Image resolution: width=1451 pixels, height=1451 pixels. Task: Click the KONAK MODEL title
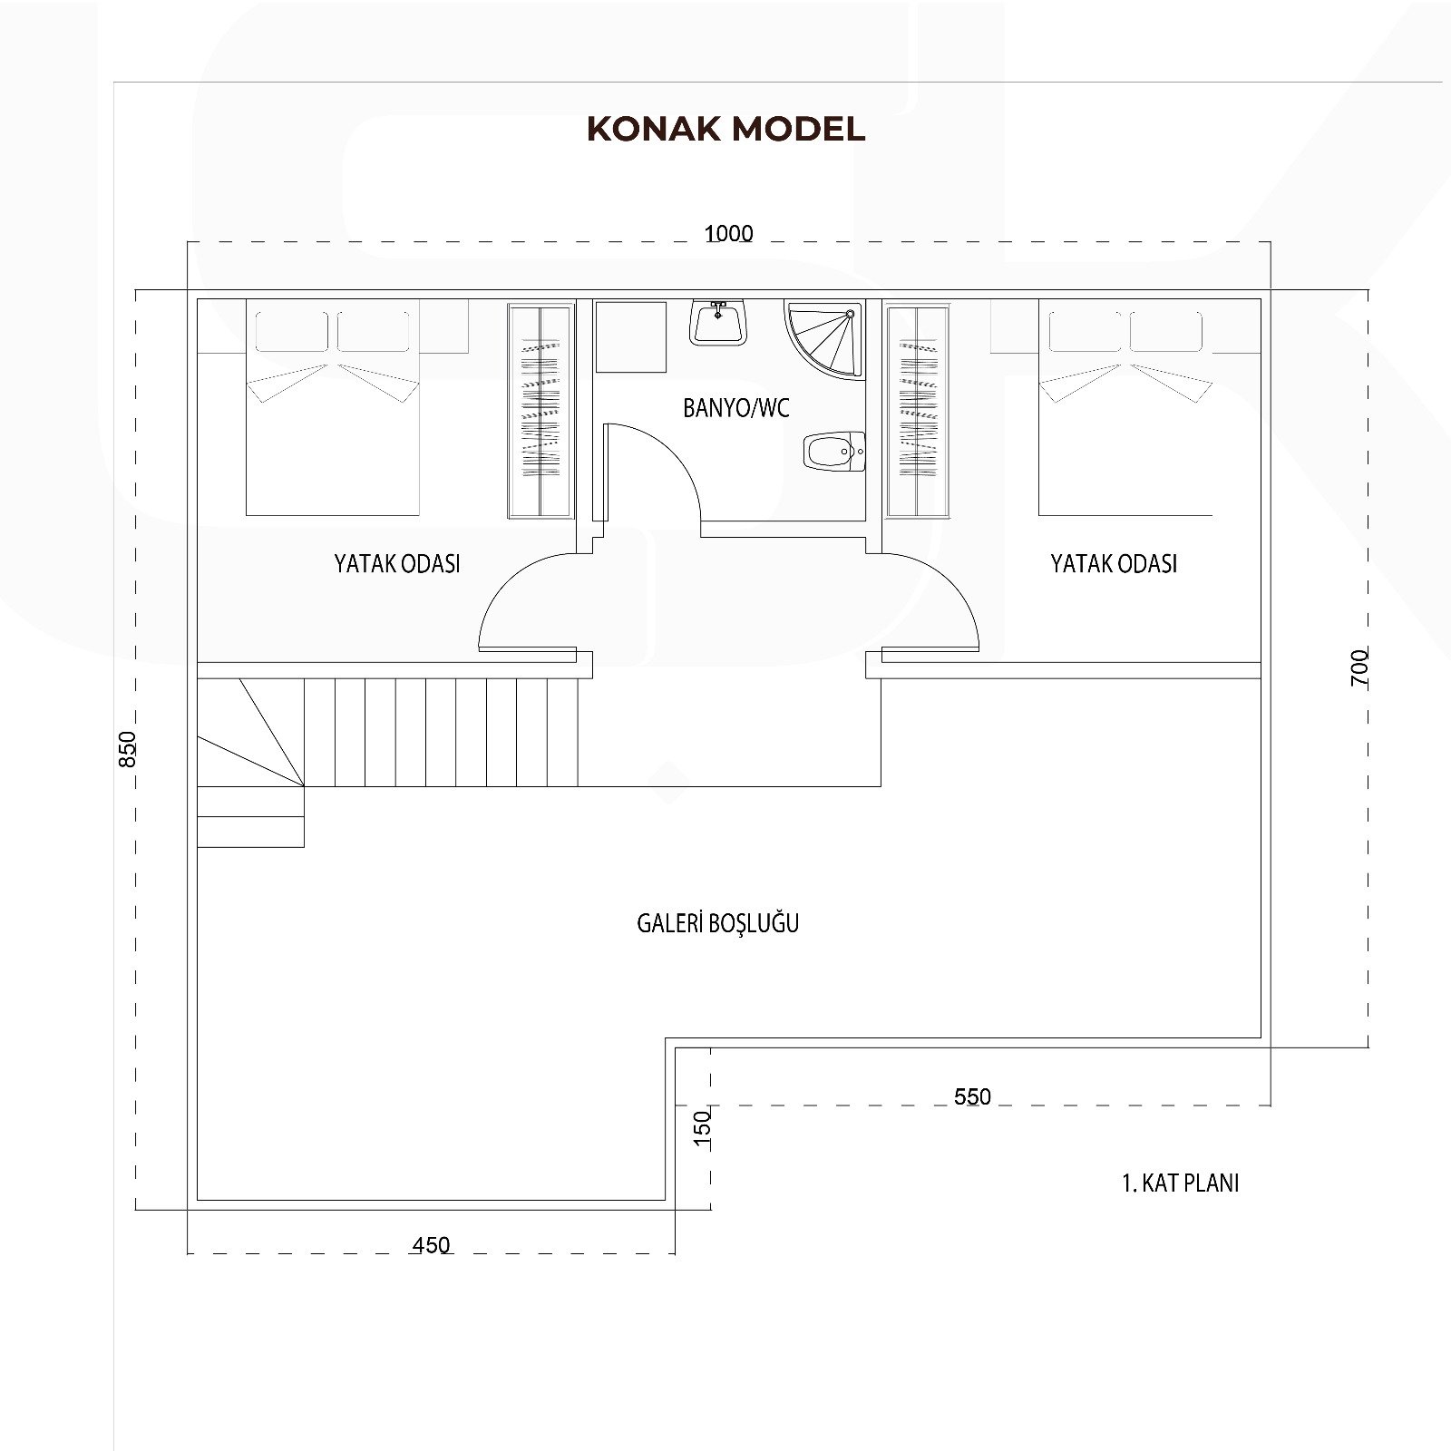[725, 129]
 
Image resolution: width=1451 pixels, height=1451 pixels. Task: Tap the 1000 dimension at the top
[729, 234]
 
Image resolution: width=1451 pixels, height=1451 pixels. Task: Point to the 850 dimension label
[128, 749]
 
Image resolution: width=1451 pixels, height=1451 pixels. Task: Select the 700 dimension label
[1358, 667]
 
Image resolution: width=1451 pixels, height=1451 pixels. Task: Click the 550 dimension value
[972, 1096]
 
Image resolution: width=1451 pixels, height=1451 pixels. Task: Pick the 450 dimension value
[431, 1245]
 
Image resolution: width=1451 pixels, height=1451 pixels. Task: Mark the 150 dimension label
[703, 1129]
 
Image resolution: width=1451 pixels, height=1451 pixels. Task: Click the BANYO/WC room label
[736, 408]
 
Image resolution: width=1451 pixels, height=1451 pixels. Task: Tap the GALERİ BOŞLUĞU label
[718, 923]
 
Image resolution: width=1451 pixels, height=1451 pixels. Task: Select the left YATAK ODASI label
[397, 563]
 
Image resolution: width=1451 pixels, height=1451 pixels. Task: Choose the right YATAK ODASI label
[1114, 563]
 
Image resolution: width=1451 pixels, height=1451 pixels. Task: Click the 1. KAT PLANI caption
[1181, 1183]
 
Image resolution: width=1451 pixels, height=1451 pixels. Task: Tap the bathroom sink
[718, 322]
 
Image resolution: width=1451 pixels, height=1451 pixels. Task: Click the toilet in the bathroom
[834, 450]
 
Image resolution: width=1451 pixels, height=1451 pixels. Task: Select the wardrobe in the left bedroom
[540, 412]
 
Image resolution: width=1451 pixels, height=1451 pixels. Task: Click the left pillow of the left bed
[294, 331]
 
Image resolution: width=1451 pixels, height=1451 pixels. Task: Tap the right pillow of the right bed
[1166, 331]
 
